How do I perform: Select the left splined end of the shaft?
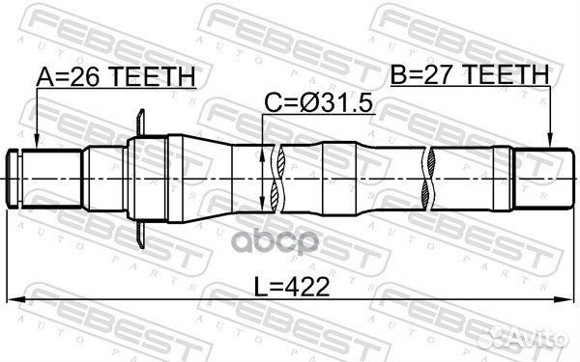coord(29,180)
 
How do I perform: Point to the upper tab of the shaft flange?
coord(143,123)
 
